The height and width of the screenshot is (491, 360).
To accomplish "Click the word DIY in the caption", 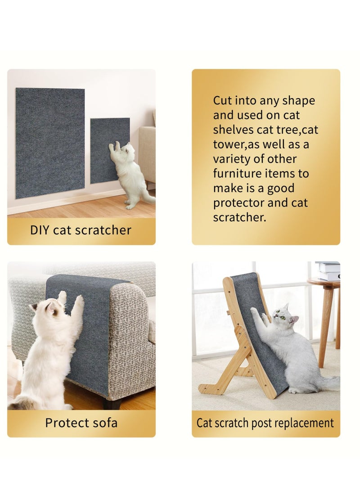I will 40,230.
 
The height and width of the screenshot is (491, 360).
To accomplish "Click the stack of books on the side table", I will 328,270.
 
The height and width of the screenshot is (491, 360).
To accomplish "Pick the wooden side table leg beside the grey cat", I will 326,324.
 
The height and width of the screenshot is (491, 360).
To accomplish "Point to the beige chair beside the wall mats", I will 147,153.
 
